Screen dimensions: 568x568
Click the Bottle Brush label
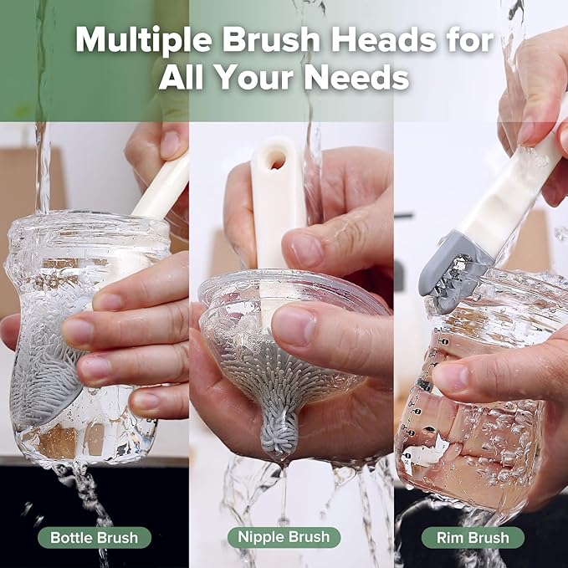pyautogui.click(x=95, y=537)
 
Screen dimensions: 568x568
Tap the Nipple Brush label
pyautogui.click(x=284, y=537)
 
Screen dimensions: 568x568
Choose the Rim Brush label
pyautogui.click(x=473, y=537)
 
